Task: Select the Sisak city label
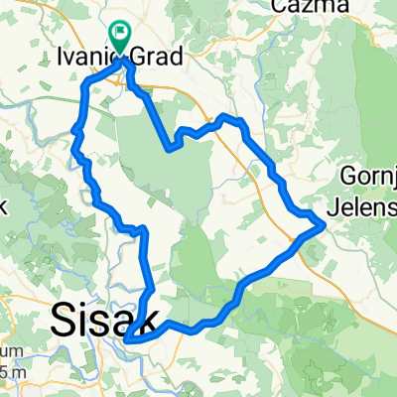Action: [x=100, y=320]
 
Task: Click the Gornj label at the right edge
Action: [x=369, y=175]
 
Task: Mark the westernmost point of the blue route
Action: [x=74, y=128]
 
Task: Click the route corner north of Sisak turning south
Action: [x=145, y=230]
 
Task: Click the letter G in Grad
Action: [x=139, y=58]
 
